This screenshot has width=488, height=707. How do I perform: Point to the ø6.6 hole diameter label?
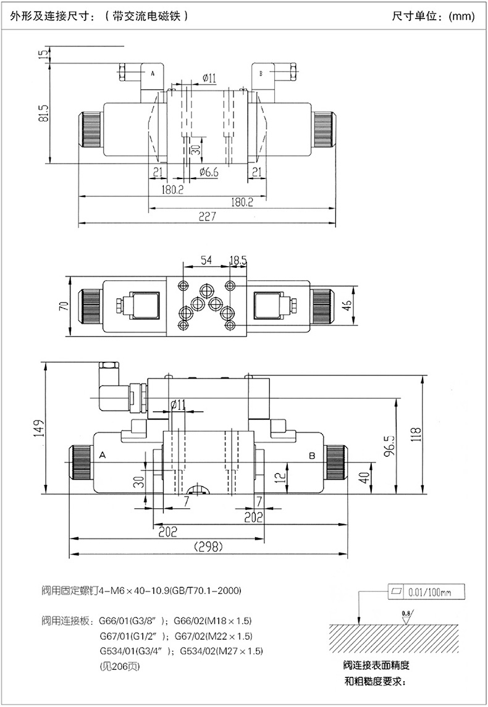point(209,173)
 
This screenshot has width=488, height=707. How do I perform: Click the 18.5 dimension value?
point(238,261)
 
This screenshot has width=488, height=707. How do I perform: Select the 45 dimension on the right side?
point(347,306)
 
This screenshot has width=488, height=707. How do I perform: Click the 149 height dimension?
point(40,426)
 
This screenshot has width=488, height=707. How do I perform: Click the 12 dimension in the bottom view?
point(280,475)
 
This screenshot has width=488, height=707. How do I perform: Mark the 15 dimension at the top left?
point(43,56)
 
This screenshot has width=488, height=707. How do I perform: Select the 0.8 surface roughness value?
point(405,612)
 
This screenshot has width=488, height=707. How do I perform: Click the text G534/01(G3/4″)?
point(133,651)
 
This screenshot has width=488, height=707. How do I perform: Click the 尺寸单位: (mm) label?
point(434,16)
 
